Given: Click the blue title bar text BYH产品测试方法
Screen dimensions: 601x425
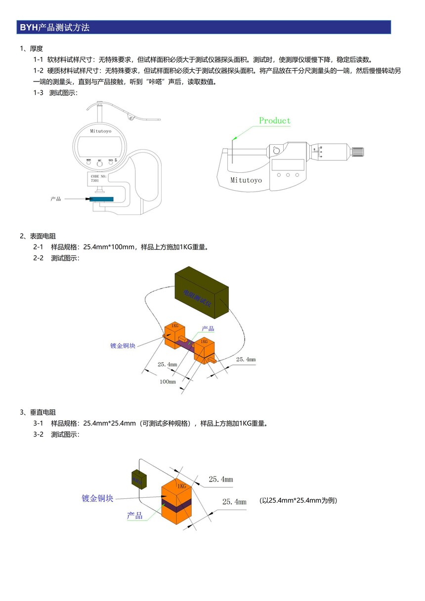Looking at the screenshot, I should pyautogui.click(x=54, y=28).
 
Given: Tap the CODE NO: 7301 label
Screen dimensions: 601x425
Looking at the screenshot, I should pyautogui.click(x=98, y=178).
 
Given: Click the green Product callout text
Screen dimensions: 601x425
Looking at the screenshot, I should pyautogui.click(x=275, y=120).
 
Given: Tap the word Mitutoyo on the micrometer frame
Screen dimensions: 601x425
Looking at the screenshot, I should pyautogui.click(x=246, y=180).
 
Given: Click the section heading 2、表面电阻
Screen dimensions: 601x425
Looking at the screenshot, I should pyautogui.click(x=38, y=236).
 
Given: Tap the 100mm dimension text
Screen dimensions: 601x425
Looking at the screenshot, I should pyautogui.click(x=168, y=382).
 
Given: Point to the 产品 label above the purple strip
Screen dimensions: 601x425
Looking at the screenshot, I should pyautogui.click(x=208, y=329).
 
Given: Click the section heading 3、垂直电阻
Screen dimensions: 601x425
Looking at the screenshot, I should pyautogui.click(x=38, y=412).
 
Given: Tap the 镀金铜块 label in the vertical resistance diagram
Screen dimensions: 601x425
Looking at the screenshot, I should pyautogui.click(x=97, y=498).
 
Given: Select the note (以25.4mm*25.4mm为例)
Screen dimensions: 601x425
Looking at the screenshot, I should pyautogui.click(x=298, y=500).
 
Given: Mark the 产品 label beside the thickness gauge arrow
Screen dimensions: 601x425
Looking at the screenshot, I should pyautogui.click(x=56, y=199).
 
